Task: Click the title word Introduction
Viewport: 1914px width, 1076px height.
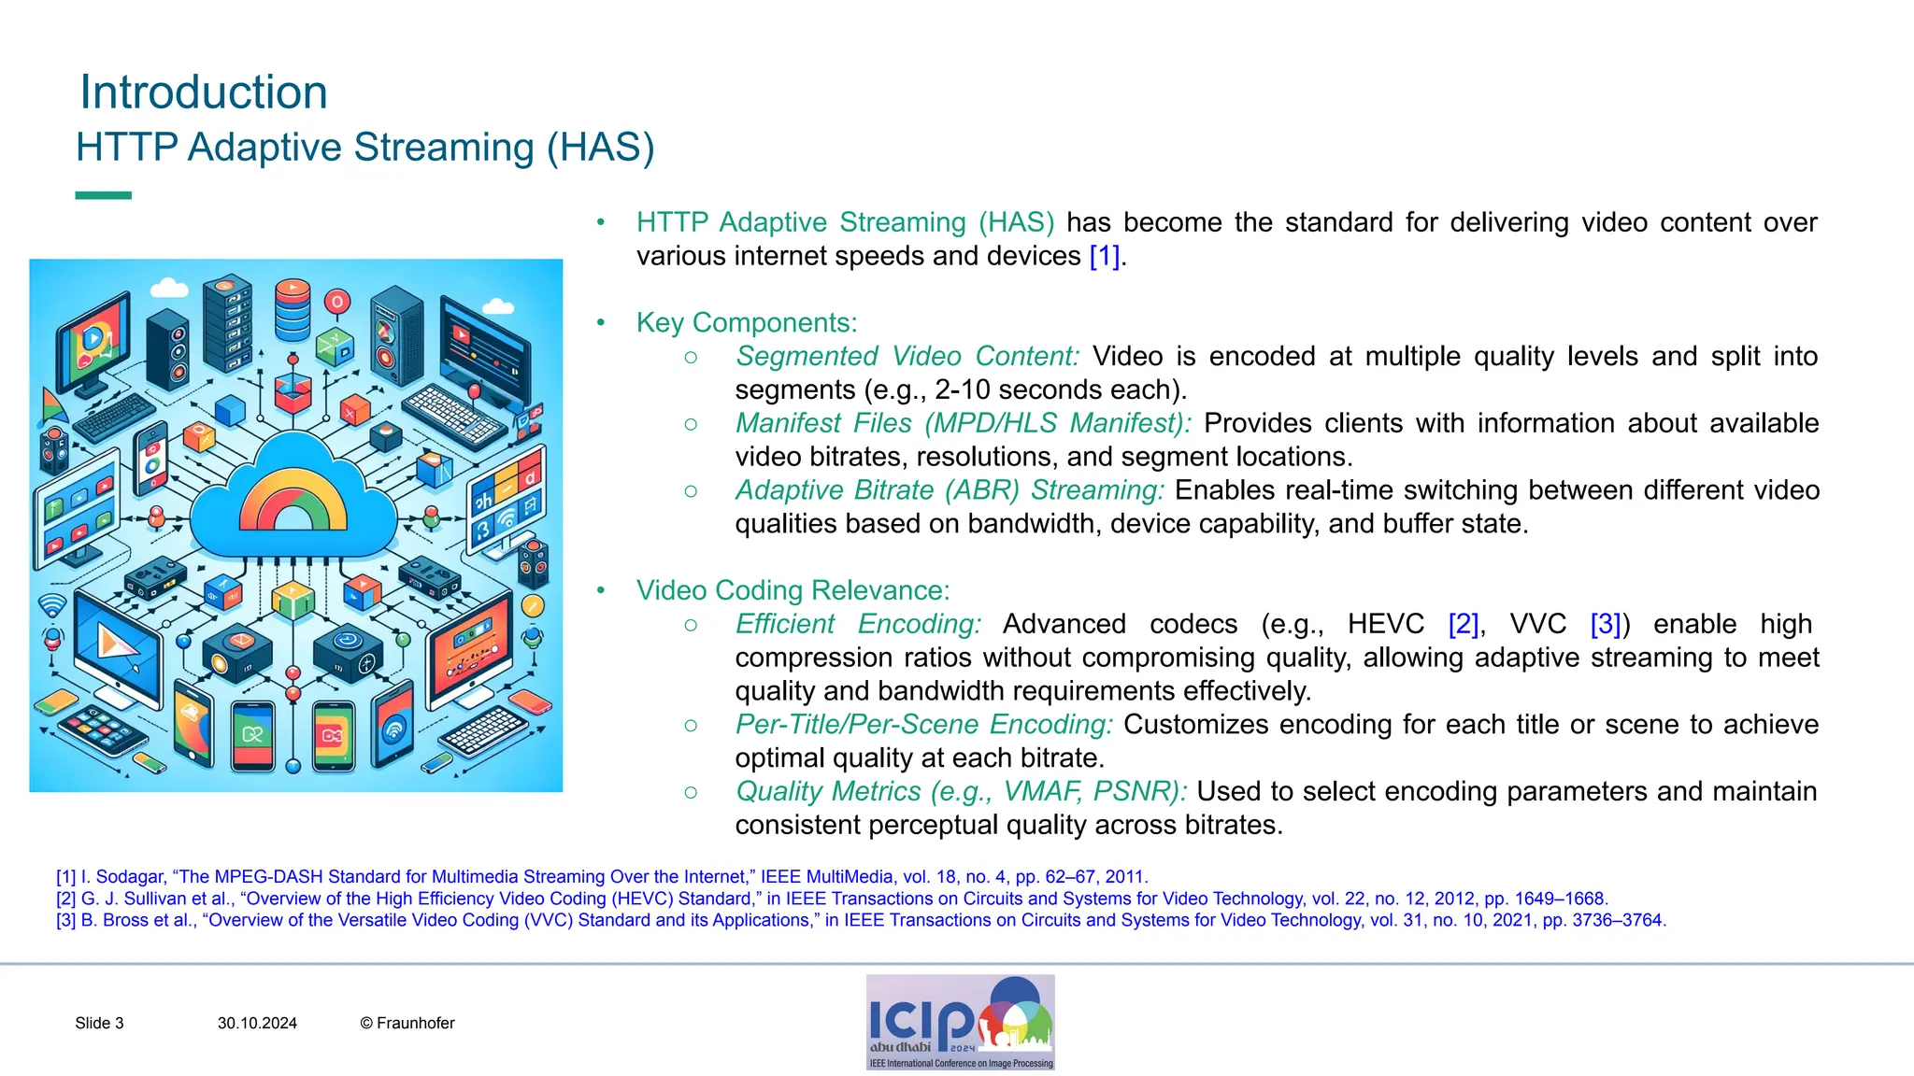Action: click(x=204, y=92)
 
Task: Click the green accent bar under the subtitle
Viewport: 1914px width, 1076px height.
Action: click(x=103, y=195)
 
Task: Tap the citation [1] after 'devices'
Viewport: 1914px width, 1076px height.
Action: click(x=1104, y=256)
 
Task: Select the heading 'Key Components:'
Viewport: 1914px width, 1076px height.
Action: click(x=746, y=322)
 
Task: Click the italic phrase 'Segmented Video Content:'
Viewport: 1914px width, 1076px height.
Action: click(x=907, y=356)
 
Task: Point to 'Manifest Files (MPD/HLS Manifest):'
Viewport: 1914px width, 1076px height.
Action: click(x=963, y=423)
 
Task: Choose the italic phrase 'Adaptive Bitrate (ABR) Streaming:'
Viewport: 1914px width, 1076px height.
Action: click(x=949, y=490)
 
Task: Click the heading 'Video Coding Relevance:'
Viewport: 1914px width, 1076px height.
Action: click(x=793, y=590)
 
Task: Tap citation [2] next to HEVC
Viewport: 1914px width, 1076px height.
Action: click(x=1463, y=624)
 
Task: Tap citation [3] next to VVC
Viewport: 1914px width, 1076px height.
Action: click(x=1605, y=624)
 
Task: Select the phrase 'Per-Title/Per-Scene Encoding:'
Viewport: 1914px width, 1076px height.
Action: click(x=923, y=725)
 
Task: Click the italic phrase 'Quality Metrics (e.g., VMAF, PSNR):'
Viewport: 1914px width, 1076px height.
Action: click(x=960, y=792)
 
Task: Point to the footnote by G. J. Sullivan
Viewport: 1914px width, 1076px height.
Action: click(x=832, y=899)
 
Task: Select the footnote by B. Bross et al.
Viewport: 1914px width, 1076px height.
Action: click(x=860, y=920)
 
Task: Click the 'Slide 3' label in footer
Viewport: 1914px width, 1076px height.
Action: click(x=99, y=1024)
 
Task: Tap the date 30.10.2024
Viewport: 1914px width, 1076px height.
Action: click(x=257, y=1024)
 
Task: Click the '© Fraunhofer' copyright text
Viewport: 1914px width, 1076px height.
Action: click(x=407, y=1024)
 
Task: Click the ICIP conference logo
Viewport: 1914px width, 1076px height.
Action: click(x=960, y=1022)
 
